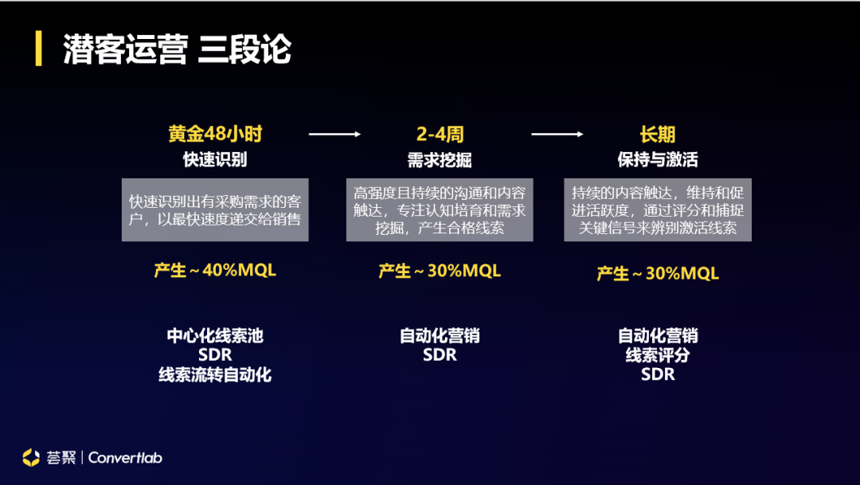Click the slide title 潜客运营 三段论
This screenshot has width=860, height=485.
pyautogui.click(x=177, y=49)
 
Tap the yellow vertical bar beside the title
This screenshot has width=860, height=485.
pyautogui.click(x=38, y=49)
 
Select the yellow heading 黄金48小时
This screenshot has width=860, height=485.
pyautogui.click(x=215, y=134)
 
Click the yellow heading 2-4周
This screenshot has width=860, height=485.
pyautogui.click(x=439, y=134)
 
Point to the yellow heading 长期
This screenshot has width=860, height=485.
pyautogui.click(x=657, y=134)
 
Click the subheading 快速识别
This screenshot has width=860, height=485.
pyautogui.click(x=215, y=159)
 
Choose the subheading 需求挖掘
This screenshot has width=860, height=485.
pyautogui.click(x=439, y=160)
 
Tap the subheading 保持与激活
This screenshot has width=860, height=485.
pyautogui.click(x=657, y=160)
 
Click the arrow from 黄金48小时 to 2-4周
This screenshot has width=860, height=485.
pyautogui.click(x=334, y=135)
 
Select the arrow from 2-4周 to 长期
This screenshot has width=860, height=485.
pyautogui.click(x=557, y=135)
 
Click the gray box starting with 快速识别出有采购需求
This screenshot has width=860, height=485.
pyautogui.click(x=215, y=208)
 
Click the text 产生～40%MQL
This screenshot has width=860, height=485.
pyautogui.click(x=215, y=271)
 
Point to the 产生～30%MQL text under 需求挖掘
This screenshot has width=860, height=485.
pyautogui.click(x=440, y=272)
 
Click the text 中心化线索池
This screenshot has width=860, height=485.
pyautogui.click(x=215, y=336)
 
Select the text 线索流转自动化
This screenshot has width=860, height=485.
pyautogui.click(x=215, y=374)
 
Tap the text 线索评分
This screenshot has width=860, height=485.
pyautogui.click(x=658, y=355)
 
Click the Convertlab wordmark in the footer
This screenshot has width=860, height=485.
pyautogui.click(x=125, y=458)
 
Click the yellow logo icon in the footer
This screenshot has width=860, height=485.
pyautogui.click(x=31, y=457)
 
